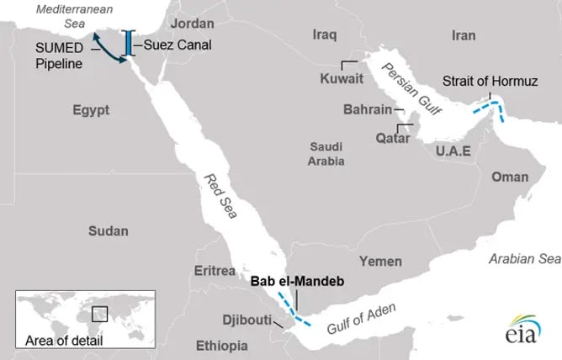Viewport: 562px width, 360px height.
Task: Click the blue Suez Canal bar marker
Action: click(x=128, y=45)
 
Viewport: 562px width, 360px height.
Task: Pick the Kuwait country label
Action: click(x=342, y=80)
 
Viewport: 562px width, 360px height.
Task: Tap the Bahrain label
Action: click(x=368, y=109)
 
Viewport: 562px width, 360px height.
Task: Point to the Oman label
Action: click(x=510, y=177)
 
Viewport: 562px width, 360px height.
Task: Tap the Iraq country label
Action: click(x=324, y=35)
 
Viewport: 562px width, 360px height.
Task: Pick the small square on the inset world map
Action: click(x=100, y=313)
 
